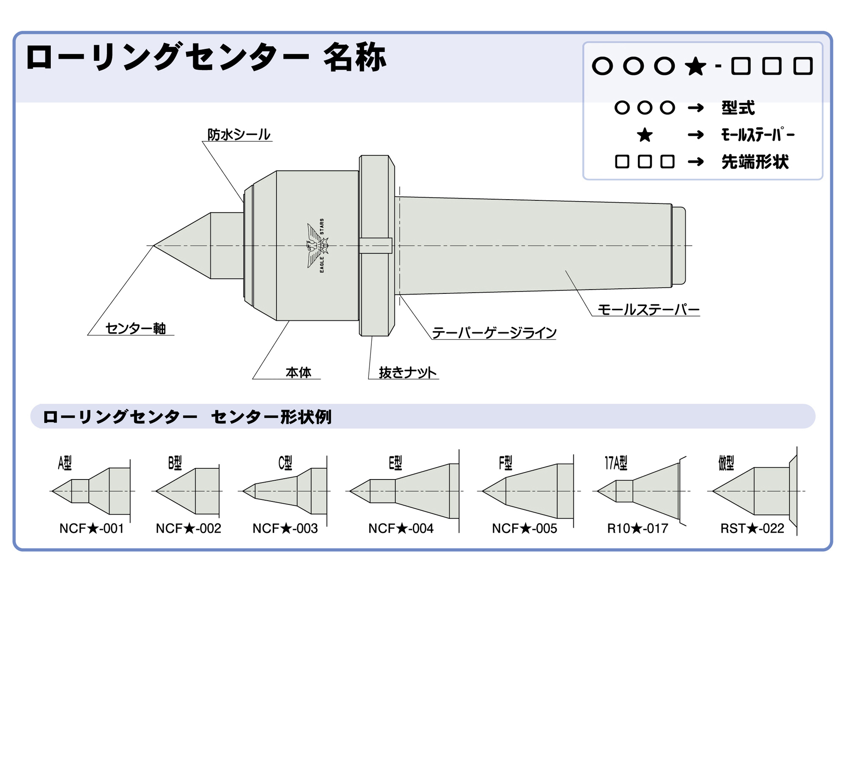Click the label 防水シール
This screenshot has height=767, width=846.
tap(239, 135)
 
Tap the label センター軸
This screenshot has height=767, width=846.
tap(135, 329)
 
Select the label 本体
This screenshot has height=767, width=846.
tap(298, 373)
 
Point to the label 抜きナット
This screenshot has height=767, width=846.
tap(407, 373)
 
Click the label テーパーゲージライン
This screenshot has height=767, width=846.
tap(494, 333)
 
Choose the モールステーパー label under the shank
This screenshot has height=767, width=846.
tap(648, 310)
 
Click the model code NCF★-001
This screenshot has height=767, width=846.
tap(91, 529)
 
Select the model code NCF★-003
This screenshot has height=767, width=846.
tap(285, 529)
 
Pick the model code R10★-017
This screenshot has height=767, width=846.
tap(637, 529)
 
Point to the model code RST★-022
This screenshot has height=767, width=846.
tap(752, 529)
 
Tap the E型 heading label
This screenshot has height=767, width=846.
tap(395, 463)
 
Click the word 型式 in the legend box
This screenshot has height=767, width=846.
tap(738, 108)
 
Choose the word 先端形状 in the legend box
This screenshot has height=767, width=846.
tap(755, 162)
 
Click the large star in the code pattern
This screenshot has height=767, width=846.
tap(695, 66)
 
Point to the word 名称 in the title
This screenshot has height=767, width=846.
tap(354, 58)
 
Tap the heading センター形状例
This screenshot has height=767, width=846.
tap(271, 417)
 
